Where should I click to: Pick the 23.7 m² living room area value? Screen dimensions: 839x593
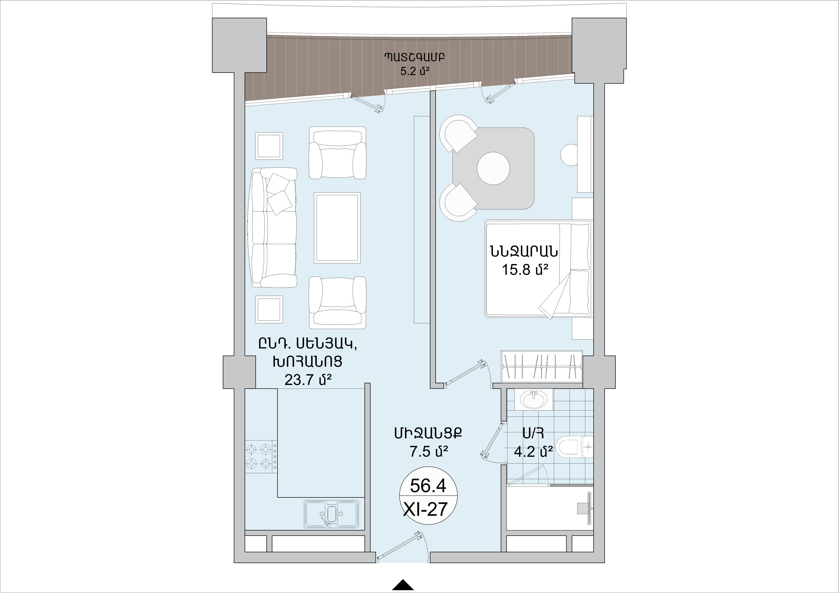coord(308,380)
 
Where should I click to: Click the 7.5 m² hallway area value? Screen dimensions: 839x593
coord(428,452)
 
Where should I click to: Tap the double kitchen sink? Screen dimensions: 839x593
coord(332,513)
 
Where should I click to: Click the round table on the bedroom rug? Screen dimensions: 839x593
coord(493,168)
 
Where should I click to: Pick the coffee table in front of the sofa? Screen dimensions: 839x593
coord(337,227)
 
